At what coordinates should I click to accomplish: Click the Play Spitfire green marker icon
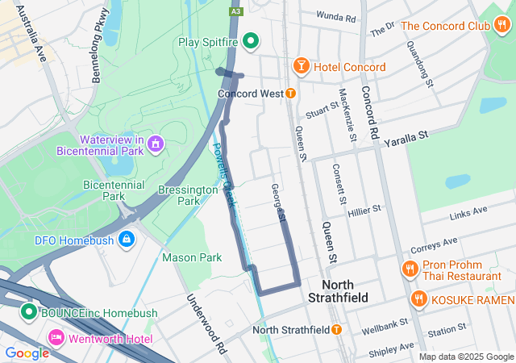click(x=251, y=40)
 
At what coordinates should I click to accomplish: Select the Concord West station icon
click(x=290, y=94)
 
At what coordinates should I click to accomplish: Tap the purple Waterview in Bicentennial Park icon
click(x=156, y=145)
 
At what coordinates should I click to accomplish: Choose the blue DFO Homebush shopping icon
click(x=127, y=240)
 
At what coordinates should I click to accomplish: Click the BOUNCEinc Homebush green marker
click(x=29, y=311)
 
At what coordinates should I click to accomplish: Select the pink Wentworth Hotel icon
click(x=56, y=338)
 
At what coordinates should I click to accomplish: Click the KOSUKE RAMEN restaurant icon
click(x=418, y=299)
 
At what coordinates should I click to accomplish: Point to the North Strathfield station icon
click(x=336, y=330)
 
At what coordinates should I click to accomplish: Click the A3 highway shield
click(x=235, y=11)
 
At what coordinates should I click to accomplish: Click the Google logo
click(x=27, y=353)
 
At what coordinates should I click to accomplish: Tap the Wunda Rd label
click(x=336, y=17)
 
